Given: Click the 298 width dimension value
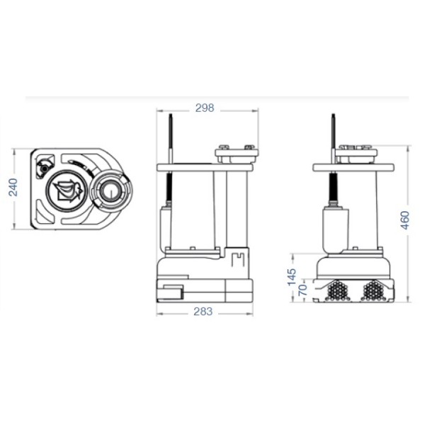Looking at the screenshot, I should pyautogui.click(x=204, y=108).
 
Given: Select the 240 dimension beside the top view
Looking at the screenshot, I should pyautogui.click(x=13, y=188).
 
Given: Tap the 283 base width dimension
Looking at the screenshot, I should pyautogui.click(x=204, y=314).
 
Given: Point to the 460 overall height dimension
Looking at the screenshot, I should pyautogui.click(x=404, y=220).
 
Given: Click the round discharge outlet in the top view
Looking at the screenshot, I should pyautogui.click(x=110, y=189).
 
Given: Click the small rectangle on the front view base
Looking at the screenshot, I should pyautogui.click(x=170, y=289).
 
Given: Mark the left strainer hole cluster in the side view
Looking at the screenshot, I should pyautogui.click(x=339, y=289).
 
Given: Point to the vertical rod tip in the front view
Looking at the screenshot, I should pyautogui.click(x=171, y=117).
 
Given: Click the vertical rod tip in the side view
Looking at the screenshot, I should pyautogui.click(x=333, y=117).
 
